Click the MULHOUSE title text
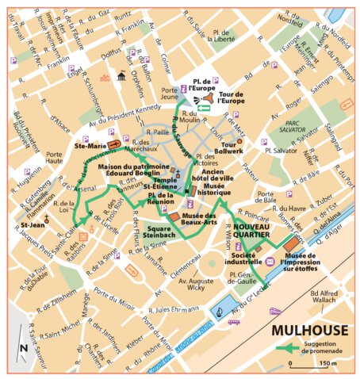pyautogui.click(x=307, y=329)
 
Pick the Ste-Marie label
pyautogui.click(x=86, y=146)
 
